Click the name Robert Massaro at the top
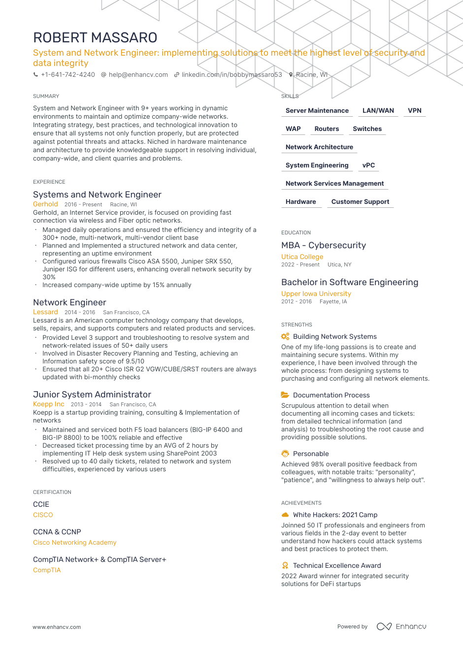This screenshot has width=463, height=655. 95,37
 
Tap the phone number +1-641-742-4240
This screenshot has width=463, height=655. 67,75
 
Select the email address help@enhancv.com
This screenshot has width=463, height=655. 138,75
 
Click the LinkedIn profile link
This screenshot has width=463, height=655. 231,75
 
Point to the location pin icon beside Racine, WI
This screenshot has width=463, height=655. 291,75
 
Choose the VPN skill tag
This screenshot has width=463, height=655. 415,111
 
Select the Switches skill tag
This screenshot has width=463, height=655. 367,129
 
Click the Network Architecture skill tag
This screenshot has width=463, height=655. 319,147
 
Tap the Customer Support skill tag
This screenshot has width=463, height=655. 360,202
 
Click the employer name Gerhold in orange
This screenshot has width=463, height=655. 45,204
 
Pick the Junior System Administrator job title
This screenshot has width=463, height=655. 92,394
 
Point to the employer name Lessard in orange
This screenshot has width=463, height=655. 45,312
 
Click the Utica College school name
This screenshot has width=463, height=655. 302,257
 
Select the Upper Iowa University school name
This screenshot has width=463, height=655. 316,294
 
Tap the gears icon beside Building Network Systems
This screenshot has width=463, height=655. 285,336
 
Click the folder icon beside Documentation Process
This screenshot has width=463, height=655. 285,395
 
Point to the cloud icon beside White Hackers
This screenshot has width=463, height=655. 285,515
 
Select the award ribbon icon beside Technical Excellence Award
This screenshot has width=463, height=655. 285,565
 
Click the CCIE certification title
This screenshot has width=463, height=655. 41,504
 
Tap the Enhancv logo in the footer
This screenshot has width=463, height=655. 401,626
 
